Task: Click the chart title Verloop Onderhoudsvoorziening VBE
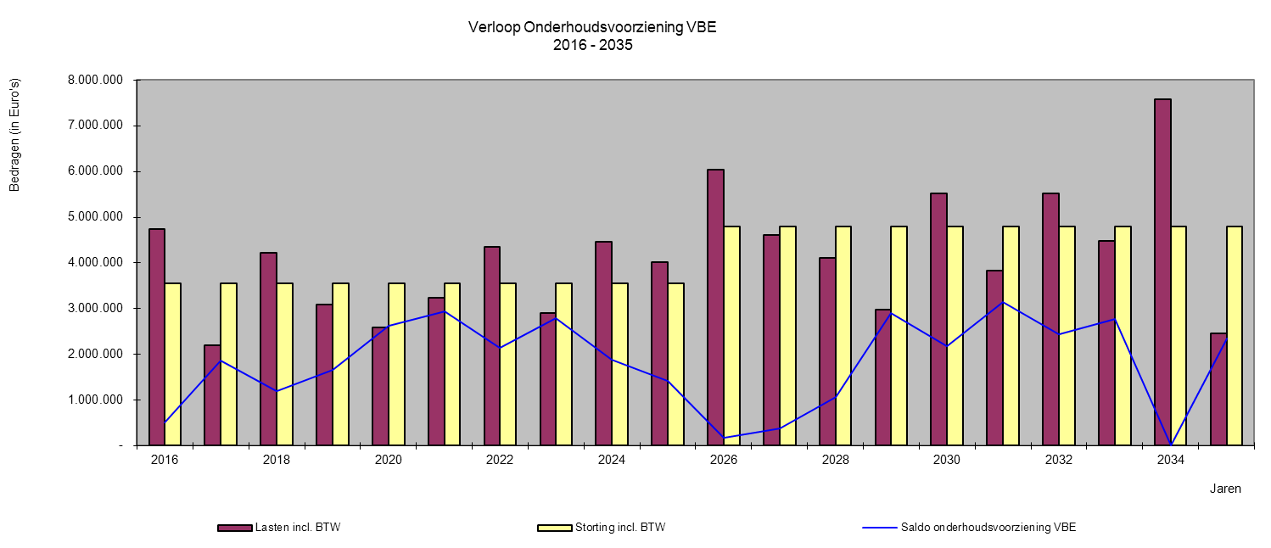click(592, 27)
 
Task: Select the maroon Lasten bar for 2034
click(1162, 271)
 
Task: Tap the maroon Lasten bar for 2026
click(715, 307)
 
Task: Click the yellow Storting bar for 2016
click(173, 364)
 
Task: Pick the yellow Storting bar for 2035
click(1235, 335)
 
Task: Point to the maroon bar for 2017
click(212, 394)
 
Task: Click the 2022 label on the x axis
click(500, 460)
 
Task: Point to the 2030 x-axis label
click(947, 460)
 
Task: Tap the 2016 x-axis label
click(165, 460)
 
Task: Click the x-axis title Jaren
click(1225, 489)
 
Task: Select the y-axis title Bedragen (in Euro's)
click(14, 136)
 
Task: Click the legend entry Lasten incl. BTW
click(297, 528)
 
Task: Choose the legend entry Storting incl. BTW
click(619, 528)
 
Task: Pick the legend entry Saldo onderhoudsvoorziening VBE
click(1004, 528)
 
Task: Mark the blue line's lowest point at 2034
click(1171, 445)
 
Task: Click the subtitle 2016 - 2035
click(592, 46)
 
